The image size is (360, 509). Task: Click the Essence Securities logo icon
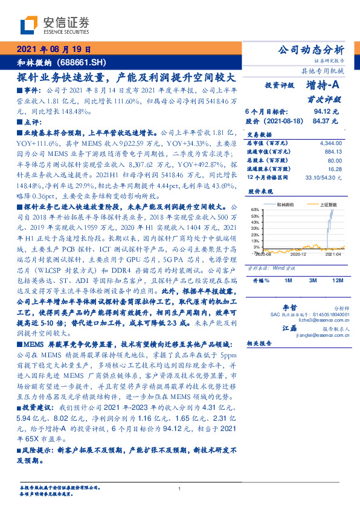tap(28, 25)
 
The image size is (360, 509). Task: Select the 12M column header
tap(338, 281)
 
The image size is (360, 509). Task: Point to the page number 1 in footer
tap(179, 488)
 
